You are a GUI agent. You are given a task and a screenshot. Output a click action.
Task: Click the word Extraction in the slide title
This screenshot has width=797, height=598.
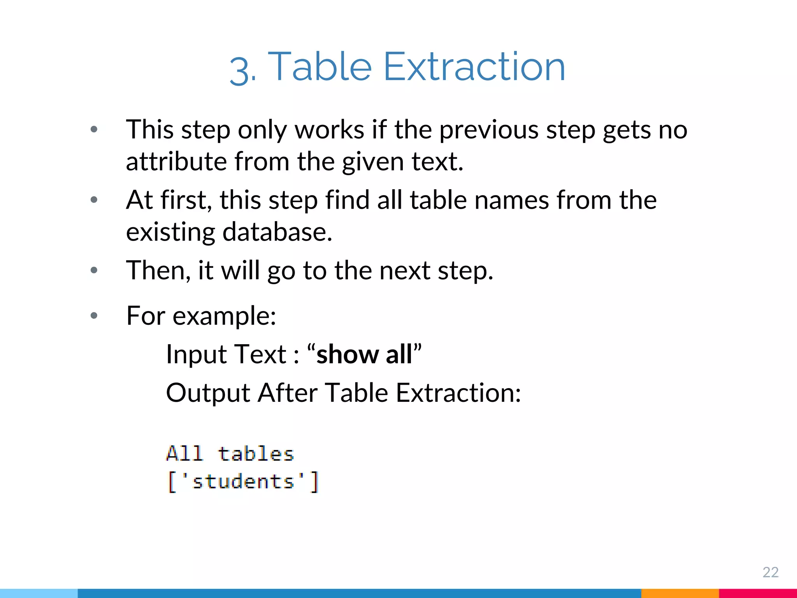[x=474, y=67]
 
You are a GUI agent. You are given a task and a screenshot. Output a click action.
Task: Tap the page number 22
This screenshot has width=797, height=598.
[x=770, y=572]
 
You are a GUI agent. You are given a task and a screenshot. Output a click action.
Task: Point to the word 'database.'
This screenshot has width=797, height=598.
[x=277, y=232]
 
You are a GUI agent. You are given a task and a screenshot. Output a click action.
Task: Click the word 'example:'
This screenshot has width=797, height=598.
[x=224, y=315]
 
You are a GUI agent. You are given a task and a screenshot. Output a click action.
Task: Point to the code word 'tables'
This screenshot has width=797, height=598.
[x=255, y=454]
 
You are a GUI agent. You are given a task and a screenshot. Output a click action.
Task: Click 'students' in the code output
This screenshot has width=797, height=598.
[x=243, y=482]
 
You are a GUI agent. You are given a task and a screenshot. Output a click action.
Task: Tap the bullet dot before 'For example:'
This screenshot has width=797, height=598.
[x=94, y=315]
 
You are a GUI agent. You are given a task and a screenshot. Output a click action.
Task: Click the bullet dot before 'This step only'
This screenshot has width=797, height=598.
[x=94, y=129]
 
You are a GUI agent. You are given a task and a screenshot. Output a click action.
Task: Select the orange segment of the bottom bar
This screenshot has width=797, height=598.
[x=679, y=593]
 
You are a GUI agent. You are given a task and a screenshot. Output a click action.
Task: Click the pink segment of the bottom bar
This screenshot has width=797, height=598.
[x=758, y=593]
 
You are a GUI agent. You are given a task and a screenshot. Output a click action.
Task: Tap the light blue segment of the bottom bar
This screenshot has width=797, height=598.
[x=39, y=593]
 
